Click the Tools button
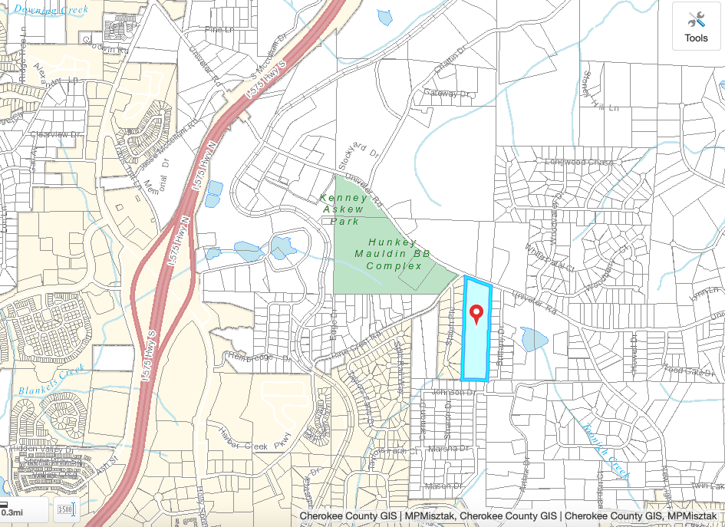696,26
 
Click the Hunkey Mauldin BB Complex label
394,253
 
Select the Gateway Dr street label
446,94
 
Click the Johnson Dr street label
450,393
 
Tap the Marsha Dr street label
448,449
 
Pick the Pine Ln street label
219,30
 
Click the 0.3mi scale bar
12,512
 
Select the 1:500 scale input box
65,510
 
